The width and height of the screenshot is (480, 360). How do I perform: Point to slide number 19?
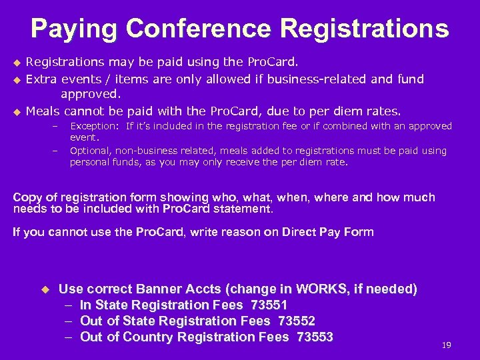click(447, 345)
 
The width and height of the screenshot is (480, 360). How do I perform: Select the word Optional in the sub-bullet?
click(90, 151)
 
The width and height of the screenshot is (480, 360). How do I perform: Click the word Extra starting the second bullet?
click(41, 79)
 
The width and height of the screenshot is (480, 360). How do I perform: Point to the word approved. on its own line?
click(91, 95)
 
